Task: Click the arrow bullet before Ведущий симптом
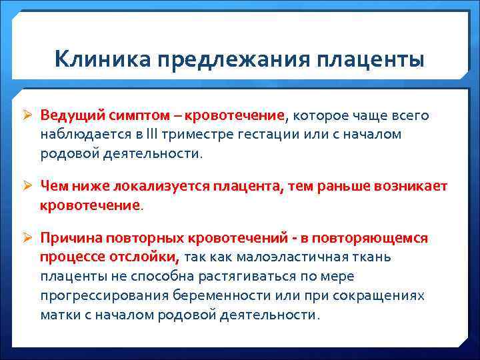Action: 29,116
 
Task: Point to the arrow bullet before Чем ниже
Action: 29,185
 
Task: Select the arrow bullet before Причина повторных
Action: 29,238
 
